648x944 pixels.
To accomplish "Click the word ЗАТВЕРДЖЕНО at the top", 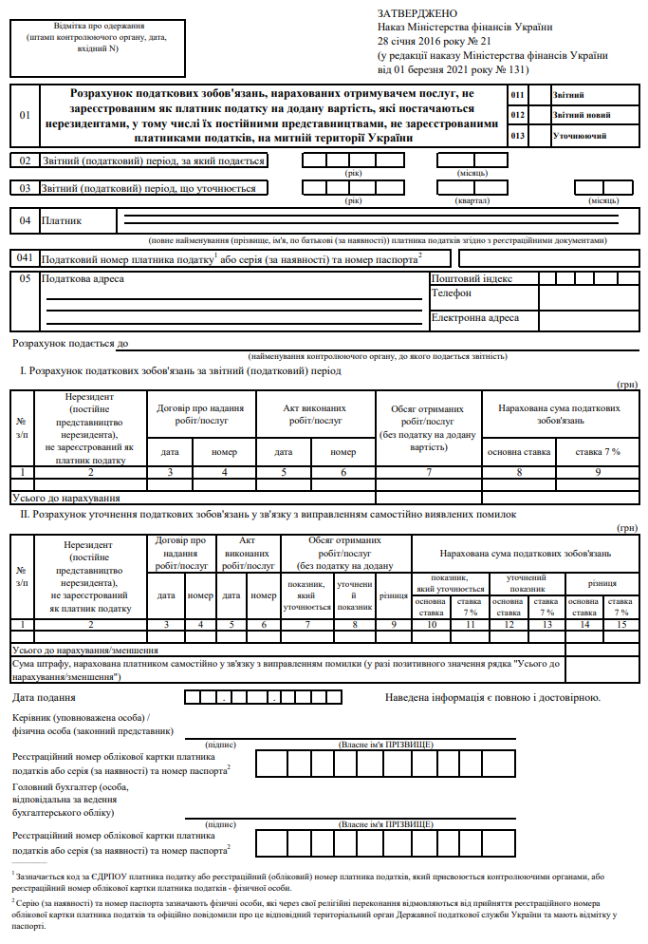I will [x=418, y=13].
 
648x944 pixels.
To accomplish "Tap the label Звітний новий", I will [x=582, y=115].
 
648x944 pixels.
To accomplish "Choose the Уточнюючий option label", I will [x=580, y=136].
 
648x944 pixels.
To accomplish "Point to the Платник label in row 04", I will [x=62, y=221].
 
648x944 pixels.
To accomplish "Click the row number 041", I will [x=25, y=258].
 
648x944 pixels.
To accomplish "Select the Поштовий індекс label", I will [x=472, y=279].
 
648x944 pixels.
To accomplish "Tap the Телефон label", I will [x=452, y=294].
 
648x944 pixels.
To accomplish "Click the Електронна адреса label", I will [x=475, y=318].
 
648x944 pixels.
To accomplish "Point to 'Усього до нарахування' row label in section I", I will [x=65, y=497].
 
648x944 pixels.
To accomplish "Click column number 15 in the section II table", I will [x=621, y=623].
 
